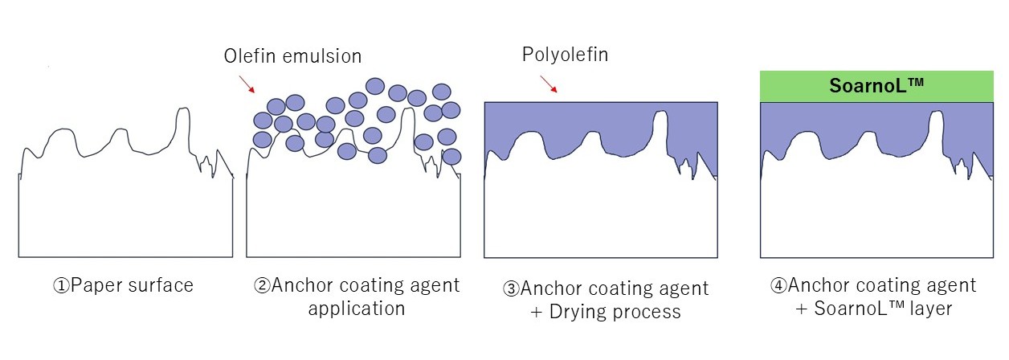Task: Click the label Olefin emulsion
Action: click(x=292, y=55)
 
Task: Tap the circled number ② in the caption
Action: click(x=262, y=285)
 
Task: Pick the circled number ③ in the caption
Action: click(x=510, y=288)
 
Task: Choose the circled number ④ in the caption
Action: click(x=778, y=285)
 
